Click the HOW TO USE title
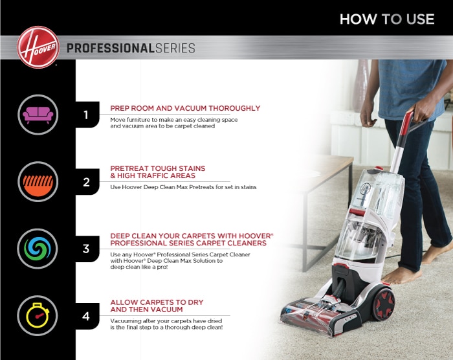387,19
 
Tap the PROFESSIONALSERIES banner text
131,49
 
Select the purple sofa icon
38,115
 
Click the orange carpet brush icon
38,181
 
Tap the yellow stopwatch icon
38,315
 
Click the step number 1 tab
86,115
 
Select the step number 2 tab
86,182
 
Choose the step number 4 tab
86,316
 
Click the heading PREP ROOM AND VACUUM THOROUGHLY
185,108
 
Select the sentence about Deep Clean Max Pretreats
183,187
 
